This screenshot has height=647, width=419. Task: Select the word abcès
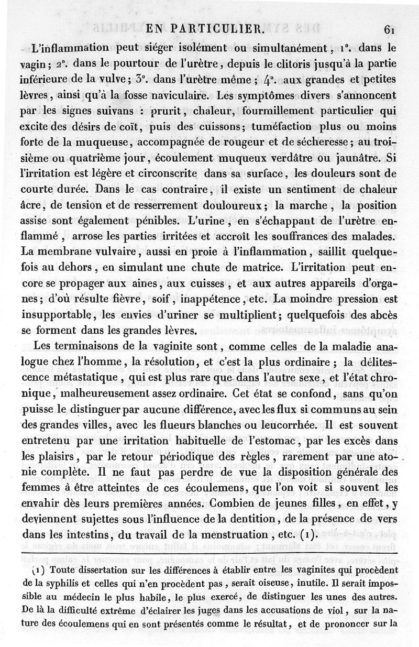click(x=384, y=315)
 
